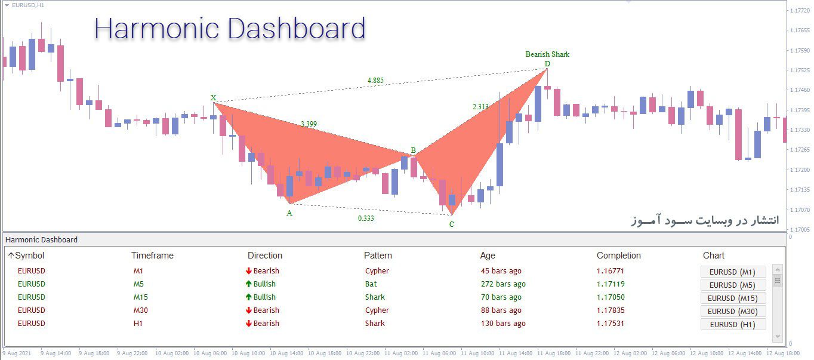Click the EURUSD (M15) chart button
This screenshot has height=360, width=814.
point(733,298)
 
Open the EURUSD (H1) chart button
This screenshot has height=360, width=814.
point(733,324)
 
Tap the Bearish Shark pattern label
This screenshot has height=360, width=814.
point(547,54)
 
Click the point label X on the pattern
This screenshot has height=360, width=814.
point(213,97)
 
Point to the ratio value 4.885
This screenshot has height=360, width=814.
point(375,81)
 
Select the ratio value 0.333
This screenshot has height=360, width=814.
point(366,218)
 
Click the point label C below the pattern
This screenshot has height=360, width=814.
point(452,224)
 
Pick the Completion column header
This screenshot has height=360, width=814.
point(618,256)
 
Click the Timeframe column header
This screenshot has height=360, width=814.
point(152,256)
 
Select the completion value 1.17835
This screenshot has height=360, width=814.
point(610,310)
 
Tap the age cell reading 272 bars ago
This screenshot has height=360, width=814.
point(503,284)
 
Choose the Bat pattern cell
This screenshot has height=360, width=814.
point(371,284)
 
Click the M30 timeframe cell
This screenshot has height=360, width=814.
point(141,310)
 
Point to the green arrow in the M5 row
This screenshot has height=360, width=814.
point(249,284)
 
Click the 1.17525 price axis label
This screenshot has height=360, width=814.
point(800,70)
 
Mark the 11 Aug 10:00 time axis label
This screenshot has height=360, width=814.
point(477,353)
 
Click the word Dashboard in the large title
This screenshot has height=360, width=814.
point(296,29)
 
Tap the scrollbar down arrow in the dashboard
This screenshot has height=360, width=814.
point(778,337)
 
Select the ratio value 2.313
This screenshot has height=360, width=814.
point(480,106)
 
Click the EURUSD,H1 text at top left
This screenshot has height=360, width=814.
point(28,5)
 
